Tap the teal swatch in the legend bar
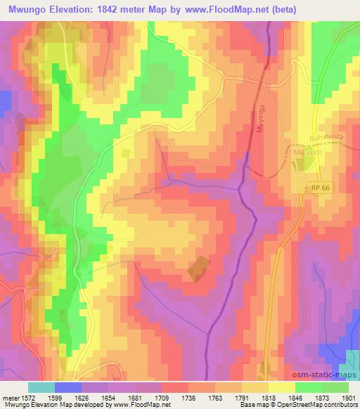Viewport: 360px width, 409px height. coord(41,387)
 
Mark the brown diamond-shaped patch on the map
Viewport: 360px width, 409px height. coord(199,268)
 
